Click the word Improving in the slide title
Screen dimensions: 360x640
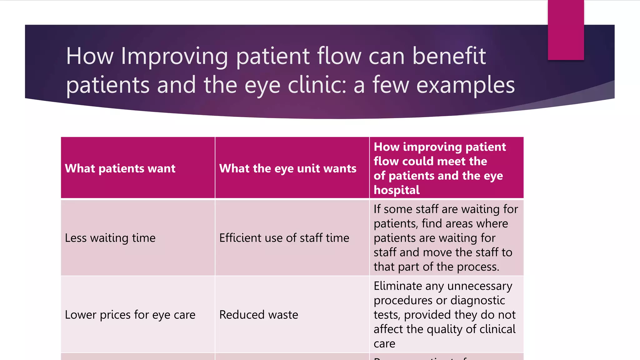(x=174, y=56)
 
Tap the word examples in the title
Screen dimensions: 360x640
(x=465, y=85)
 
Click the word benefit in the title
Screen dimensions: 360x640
(x=449, y=56)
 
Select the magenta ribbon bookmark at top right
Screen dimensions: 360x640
(x=566, y=30)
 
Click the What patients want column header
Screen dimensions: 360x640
(x=120, y=168)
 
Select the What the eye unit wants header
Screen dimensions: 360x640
(x=287, y=168)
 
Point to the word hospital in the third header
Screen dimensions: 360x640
(x=396, y=190)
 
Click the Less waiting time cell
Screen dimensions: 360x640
(x=110, y=238)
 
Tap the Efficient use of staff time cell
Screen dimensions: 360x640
(x=284, y=238)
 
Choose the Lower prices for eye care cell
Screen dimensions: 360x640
(x=130, y=315)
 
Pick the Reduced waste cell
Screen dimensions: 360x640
(x=258, y=315)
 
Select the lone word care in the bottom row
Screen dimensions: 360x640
(x=384, y=344)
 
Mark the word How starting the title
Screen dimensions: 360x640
(x=89, y=56)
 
